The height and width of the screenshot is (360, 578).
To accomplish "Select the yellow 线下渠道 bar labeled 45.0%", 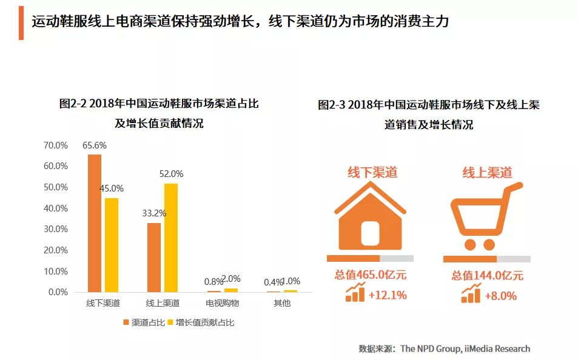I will pos(111,245).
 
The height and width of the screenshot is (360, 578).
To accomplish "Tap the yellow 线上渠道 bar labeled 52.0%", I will pos(171,238).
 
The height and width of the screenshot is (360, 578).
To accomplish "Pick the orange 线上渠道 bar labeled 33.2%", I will pos(154,257).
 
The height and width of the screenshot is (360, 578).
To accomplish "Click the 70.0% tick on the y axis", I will pos(56,145).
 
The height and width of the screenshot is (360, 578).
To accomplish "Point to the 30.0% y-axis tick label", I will pos(56,229).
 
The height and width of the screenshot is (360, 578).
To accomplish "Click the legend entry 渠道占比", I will pos(143,322).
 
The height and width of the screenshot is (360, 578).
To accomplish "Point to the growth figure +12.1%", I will pos(386,295).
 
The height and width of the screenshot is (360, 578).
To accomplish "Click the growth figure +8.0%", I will pos(501,296).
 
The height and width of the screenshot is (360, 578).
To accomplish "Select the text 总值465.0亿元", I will pos(370,275).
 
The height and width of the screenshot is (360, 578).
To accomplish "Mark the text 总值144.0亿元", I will pos(487,276).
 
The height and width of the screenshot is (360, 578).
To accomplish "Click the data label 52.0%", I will pos(171,174).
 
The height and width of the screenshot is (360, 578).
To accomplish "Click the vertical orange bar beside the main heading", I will pos(21,23).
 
